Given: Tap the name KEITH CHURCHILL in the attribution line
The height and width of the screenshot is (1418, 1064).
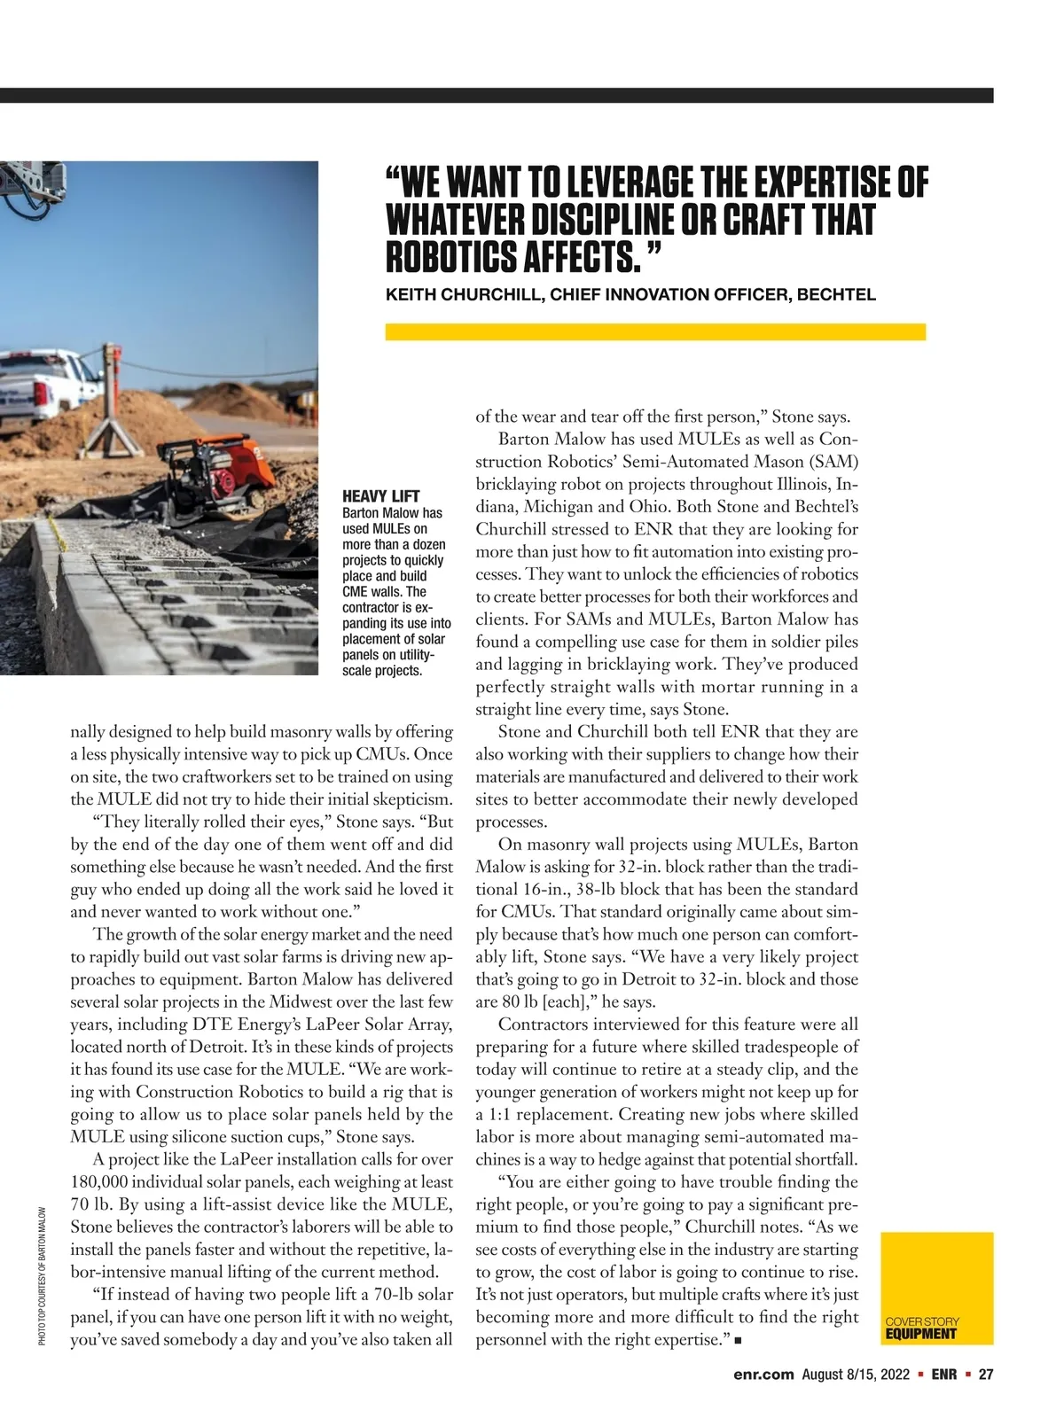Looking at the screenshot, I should (x=464, y=295).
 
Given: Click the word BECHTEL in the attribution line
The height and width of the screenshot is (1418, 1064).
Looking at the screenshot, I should (x=836, y=295).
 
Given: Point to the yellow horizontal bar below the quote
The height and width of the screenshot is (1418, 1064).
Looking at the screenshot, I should (x=655, y=332).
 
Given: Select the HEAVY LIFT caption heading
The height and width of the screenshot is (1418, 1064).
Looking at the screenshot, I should (x=381, y=496).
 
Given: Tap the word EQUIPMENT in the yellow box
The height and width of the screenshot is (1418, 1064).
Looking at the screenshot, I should (x=921, y=1334).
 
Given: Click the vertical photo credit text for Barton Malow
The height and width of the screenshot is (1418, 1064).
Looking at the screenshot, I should (x=42, y=1276).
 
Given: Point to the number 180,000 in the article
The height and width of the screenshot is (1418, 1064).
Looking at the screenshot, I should (x=102, y=1182).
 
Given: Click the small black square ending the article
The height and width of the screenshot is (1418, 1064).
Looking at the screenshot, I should (x=739, y=1341).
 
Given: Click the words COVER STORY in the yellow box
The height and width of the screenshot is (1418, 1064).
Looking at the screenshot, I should (x=922, y=1321).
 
